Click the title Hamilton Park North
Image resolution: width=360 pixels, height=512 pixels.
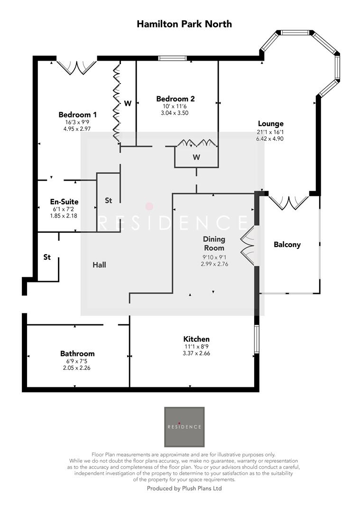tap(184, 23)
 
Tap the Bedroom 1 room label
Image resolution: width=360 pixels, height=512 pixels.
tap(78, 115)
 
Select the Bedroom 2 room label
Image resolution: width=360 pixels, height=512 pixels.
tap(175, 99)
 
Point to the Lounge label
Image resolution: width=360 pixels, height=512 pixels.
tap(270, 124)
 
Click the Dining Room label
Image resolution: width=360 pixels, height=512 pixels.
tap(214, 244)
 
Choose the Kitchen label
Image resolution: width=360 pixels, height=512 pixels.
tap(196, 339)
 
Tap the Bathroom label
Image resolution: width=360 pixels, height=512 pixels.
tap(77, 354)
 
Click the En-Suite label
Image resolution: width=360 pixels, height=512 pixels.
tap(64, 201)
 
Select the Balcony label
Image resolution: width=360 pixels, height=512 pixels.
tap(287, 245)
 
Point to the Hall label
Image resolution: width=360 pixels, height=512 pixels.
tap(99, 265)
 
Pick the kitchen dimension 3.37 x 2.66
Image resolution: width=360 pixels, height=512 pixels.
tap(196, 353)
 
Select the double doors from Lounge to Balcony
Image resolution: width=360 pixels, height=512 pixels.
tap(288, 201)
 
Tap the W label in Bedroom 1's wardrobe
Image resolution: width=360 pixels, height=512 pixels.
tap(128, 103)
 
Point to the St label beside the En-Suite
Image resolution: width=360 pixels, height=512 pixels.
tap(108, 201)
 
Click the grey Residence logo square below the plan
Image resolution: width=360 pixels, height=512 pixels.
tap(184, 427)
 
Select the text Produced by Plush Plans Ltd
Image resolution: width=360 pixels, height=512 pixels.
tap(184, 488)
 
